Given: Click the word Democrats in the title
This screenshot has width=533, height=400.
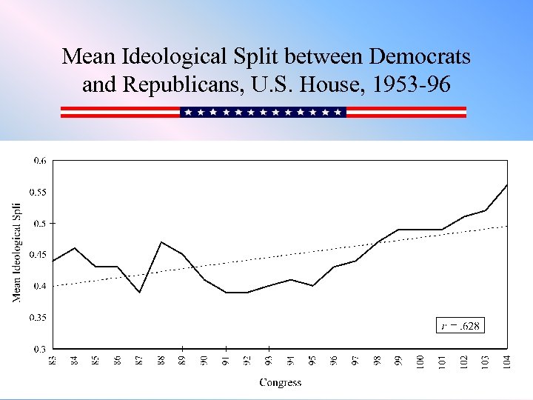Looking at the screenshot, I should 419,56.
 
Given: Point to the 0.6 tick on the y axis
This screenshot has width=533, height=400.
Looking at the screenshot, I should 39,160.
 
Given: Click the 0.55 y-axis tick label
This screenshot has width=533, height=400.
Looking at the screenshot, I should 37,192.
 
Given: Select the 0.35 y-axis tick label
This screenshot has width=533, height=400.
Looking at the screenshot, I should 37,317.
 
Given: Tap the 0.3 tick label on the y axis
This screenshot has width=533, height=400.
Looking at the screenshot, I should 39,348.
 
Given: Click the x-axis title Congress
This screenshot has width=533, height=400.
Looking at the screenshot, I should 280,382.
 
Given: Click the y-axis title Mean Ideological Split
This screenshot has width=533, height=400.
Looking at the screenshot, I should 16,253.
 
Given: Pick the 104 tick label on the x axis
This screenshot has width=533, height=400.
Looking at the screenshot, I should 507,363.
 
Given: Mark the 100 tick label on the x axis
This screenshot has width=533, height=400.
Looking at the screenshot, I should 420,363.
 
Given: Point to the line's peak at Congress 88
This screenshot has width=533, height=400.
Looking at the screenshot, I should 161,242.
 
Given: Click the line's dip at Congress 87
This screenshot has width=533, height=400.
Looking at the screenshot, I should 139,292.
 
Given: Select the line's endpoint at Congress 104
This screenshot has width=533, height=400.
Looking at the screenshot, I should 507,185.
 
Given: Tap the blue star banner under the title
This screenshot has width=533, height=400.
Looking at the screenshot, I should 263,112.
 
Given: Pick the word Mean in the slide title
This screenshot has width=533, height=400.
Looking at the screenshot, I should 85,56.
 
